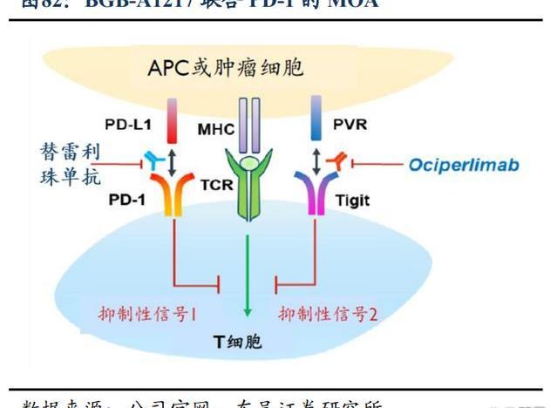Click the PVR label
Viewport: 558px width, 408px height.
[x=350, y=123]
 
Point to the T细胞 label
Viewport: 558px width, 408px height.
[x=248, y=341]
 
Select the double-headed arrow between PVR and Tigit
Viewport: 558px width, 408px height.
[x=315, y=162]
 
